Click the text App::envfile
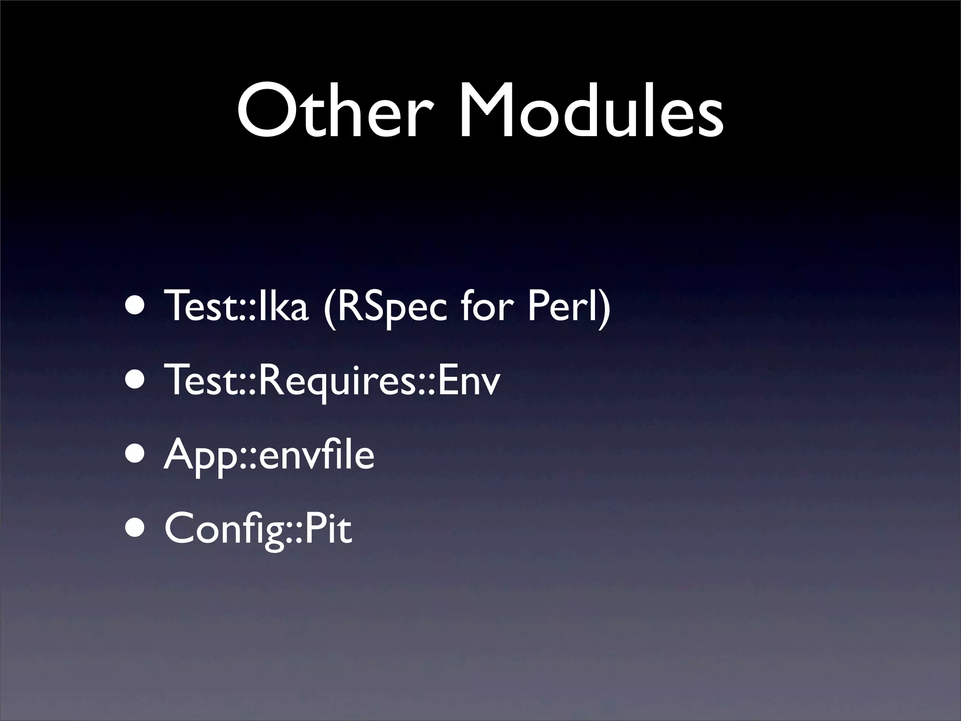(x=269, y=456)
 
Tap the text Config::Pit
(x=258, y=529)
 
